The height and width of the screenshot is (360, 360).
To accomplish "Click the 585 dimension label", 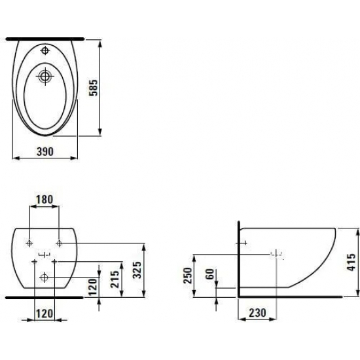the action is click(94, 88).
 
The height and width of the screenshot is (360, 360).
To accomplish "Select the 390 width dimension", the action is click(45, 152).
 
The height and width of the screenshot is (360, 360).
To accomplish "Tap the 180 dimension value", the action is click(45, 200).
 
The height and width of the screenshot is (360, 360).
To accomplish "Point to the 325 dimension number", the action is click(137, 270).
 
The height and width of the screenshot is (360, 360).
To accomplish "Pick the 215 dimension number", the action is click(115, 279).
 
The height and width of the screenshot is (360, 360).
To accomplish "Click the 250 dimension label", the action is click(188, 276).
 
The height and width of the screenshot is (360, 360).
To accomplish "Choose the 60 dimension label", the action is click(210, 274).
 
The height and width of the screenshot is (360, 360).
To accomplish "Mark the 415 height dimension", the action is click(351, 262).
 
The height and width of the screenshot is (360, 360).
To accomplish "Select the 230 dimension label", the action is click(257, 313).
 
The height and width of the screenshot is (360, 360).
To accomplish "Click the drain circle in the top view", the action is click(45, 76).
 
